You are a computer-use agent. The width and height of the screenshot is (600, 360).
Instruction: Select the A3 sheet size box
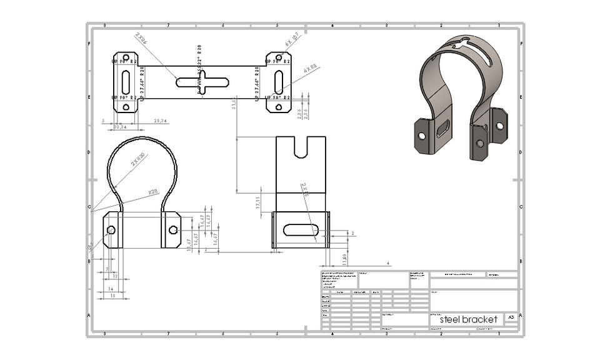pyautogui.click(x=511, y=318)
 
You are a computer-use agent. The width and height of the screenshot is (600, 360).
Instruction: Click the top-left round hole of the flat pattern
pyautogui.click(x=126, y=58)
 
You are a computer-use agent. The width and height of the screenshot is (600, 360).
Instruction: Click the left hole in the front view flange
pyautogui.click(x=111, y=230)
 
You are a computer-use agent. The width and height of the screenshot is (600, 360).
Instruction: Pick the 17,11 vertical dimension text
pyautogui.click(x=258, y=202)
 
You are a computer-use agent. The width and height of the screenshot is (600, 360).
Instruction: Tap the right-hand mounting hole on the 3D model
pyautogui.click(x=499, y=126)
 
